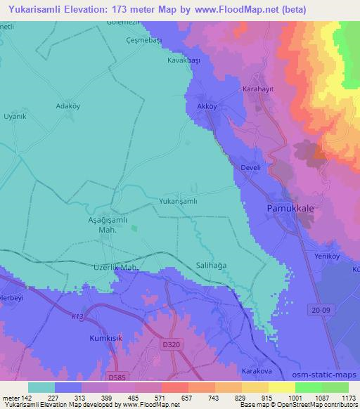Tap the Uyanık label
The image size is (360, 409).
pyautogui.click(x=15, y=116)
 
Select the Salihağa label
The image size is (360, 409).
pyautogui.click(x=210, y=266)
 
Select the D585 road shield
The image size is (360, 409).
pyautogui.click(x=117, y=377)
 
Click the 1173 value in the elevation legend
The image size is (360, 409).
pyautogui.click(x=347, y=397)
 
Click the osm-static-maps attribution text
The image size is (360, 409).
pyautogui.click(x=330, y=372)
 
